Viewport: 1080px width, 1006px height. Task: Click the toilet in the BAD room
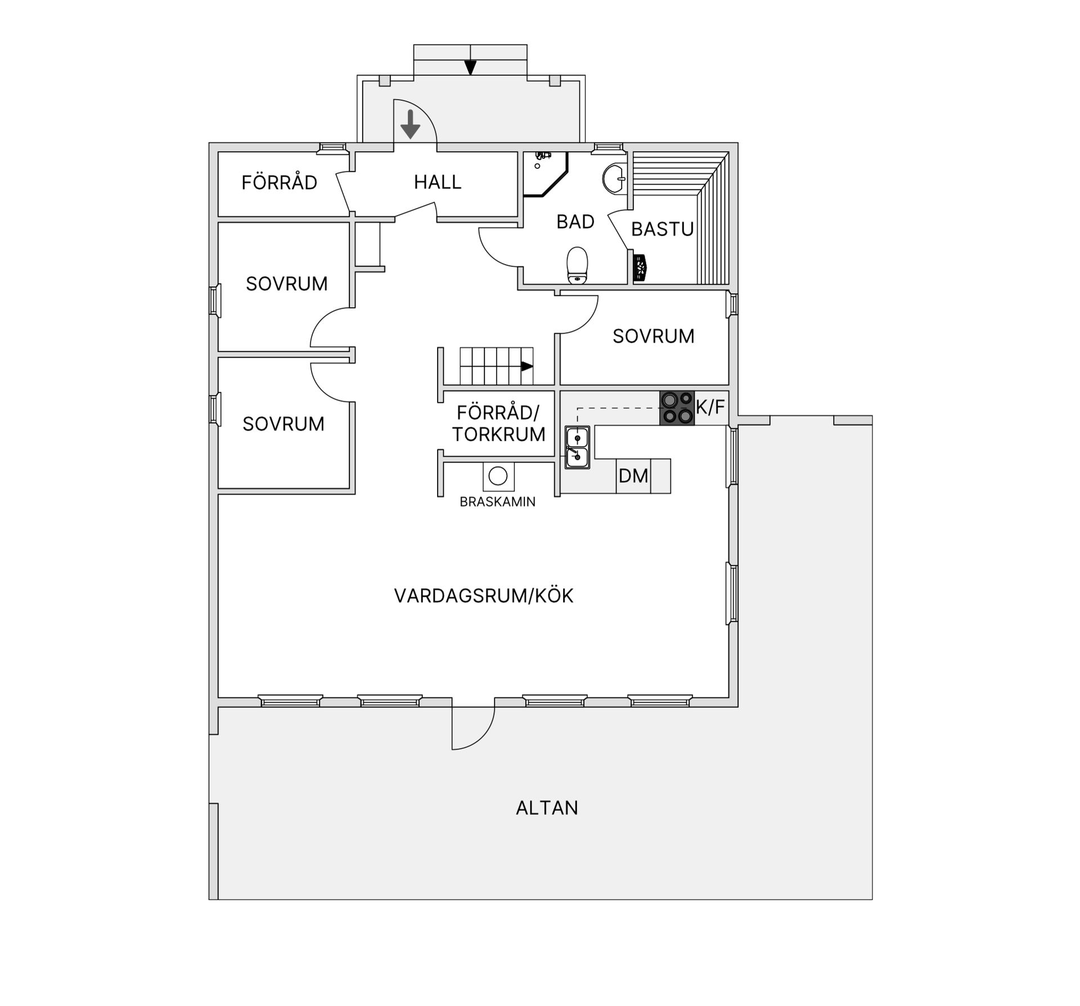(577, 266)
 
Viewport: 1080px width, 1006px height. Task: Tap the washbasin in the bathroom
(614, 178)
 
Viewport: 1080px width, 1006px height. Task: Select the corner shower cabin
(542, 172)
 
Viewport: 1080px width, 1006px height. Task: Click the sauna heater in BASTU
(640, 268)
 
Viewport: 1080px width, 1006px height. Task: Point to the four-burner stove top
(677, 408)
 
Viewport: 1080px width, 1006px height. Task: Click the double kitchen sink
(578, 447)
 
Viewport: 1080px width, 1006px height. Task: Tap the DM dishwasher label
(633, 476)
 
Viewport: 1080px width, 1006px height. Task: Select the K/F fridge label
(710, 407)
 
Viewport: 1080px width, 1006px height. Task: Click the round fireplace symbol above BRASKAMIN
(498, 476)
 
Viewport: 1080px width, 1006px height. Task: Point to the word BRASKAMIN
(498, 502)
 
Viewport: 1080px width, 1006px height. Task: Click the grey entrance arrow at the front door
(411, 124)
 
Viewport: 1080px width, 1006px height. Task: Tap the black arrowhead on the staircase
(526, 366)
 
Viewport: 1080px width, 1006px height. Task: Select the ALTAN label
(547, 808)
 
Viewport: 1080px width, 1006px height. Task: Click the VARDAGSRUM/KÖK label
(484, 596)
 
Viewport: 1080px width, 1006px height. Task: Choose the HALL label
(438, 182)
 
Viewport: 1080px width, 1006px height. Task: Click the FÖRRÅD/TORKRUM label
(498, 423)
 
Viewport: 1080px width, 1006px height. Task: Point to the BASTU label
(662, 230)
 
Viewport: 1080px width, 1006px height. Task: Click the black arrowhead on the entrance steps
(470, 68)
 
